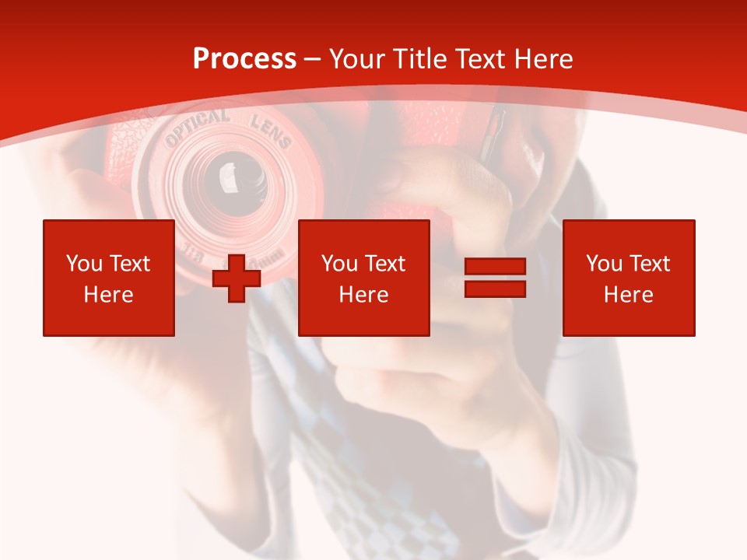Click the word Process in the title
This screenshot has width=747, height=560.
coord(244,59)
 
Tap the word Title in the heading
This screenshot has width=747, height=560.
coord(421,59)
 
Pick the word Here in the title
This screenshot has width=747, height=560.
coord(545,59)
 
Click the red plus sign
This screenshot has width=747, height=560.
coord(237,278)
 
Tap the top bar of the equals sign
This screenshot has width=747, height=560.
coord(495,267)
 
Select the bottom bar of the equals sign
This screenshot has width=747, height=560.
coord(495,289)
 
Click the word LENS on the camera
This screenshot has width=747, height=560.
coord(270,131)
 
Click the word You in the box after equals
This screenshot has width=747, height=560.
coord(604,264)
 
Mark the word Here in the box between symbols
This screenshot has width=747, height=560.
coord(364,295)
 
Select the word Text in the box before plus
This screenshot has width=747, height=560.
coord(129,264)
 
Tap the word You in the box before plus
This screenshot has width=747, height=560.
coord(84,264)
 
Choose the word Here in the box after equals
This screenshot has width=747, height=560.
coord(629,295)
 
